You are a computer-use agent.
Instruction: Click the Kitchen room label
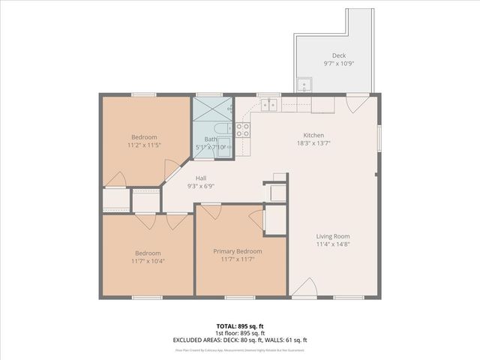[x=313, y=135]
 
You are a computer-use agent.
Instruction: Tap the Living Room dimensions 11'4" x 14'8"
[x=332, y=244]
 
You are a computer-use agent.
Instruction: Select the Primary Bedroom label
[x=237, y=251]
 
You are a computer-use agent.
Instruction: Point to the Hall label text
[x=201, y=178]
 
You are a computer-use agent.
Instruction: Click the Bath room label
[x=211, y=139]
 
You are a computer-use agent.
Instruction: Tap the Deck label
[x=339, y=56]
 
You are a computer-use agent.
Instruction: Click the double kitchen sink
[x=269, y=105]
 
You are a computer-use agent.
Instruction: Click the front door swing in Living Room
[x=303, y=288]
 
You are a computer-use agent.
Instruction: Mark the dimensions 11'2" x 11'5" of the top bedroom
[x=145, y=145]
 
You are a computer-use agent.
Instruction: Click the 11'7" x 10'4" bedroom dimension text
[x=148, y=261]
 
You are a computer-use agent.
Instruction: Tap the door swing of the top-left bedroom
[x=116, y=179]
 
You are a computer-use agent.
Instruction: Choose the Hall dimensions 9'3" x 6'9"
[x=201, y=186]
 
